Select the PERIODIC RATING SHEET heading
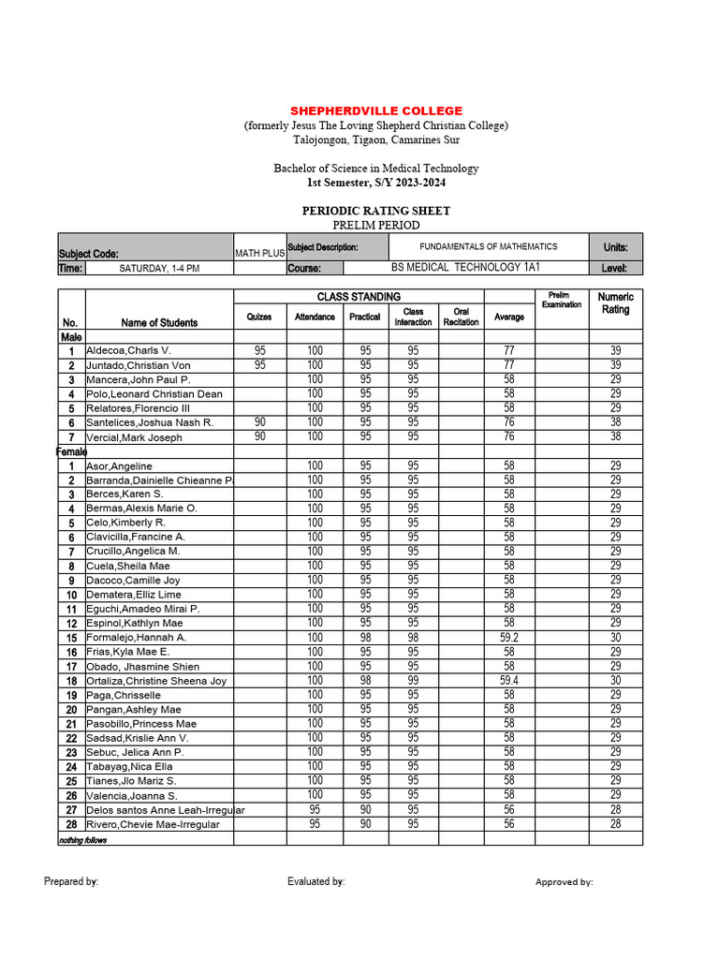(375, 211)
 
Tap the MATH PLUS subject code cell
(259, 253)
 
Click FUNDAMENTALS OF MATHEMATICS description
(488, 246)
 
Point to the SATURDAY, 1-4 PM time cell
(159, 268)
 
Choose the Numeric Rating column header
(615, 303)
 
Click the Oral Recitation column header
(461, 317)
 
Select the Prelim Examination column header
(562, 300)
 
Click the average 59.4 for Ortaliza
(509, 681)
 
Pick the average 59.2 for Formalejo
(509, 638)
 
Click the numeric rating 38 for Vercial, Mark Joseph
(615, 436)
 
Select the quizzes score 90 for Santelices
(259, 422)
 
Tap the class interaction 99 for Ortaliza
(413, 681)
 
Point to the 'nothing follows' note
(83, 840)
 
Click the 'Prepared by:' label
(71, 881)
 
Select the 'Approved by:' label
(564, 882)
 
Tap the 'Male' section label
(71, 336)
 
